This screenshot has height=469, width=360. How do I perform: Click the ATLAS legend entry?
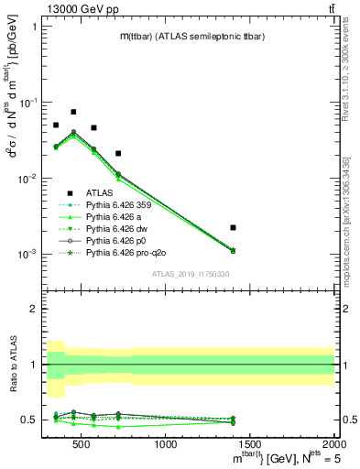(x=101, y=192)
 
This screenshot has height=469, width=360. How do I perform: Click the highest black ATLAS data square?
(x=73, y=112)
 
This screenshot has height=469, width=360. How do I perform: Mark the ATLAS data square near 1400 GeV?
(x=234, y=227)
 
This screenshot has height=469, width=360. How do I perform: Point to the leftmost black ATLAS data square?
(x=56, y=125)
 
